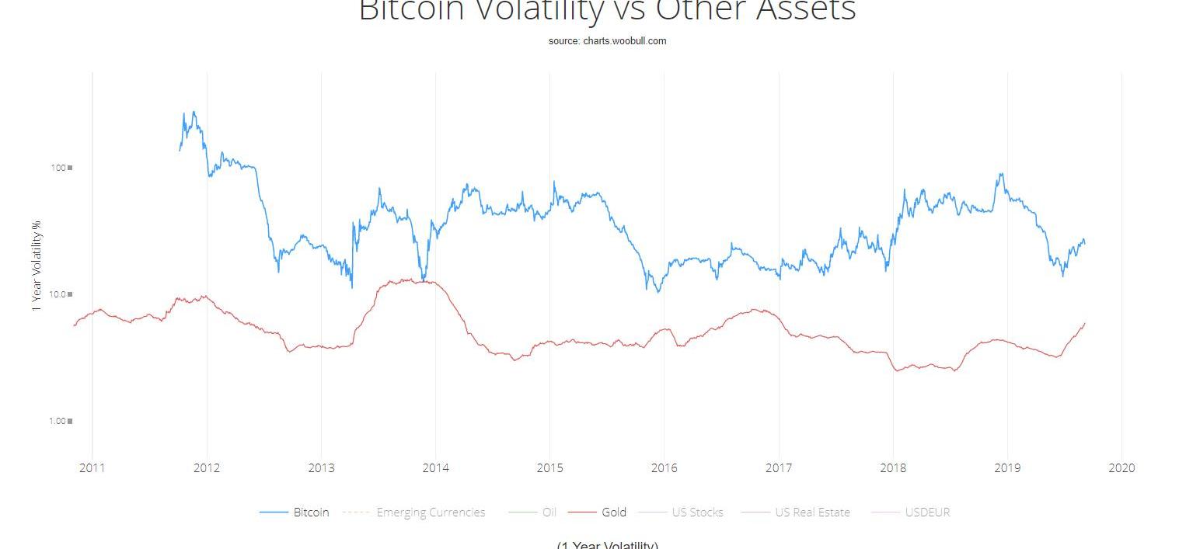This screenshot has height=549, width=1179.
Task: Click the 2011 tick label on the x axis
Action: coord(92,467)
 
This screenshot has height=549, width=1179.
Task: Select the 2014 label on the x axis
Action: coord(435,467)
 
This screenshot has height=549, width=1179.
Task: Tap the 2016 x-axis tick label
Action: coord(664,467)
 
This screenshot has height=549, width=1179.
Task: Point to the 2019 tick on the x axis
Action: coord(1007,467)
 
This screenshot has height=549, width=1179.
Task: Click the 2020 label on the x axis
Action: coord(1121,467)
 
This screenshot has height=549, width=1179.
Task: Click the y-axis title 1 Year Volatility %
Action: coord(36,266)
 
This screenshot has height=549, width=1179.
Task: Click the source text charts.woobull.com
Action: coord(607,40)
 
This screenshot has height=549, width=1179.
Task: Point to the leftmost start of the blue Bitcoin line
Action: coord(180,150)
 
